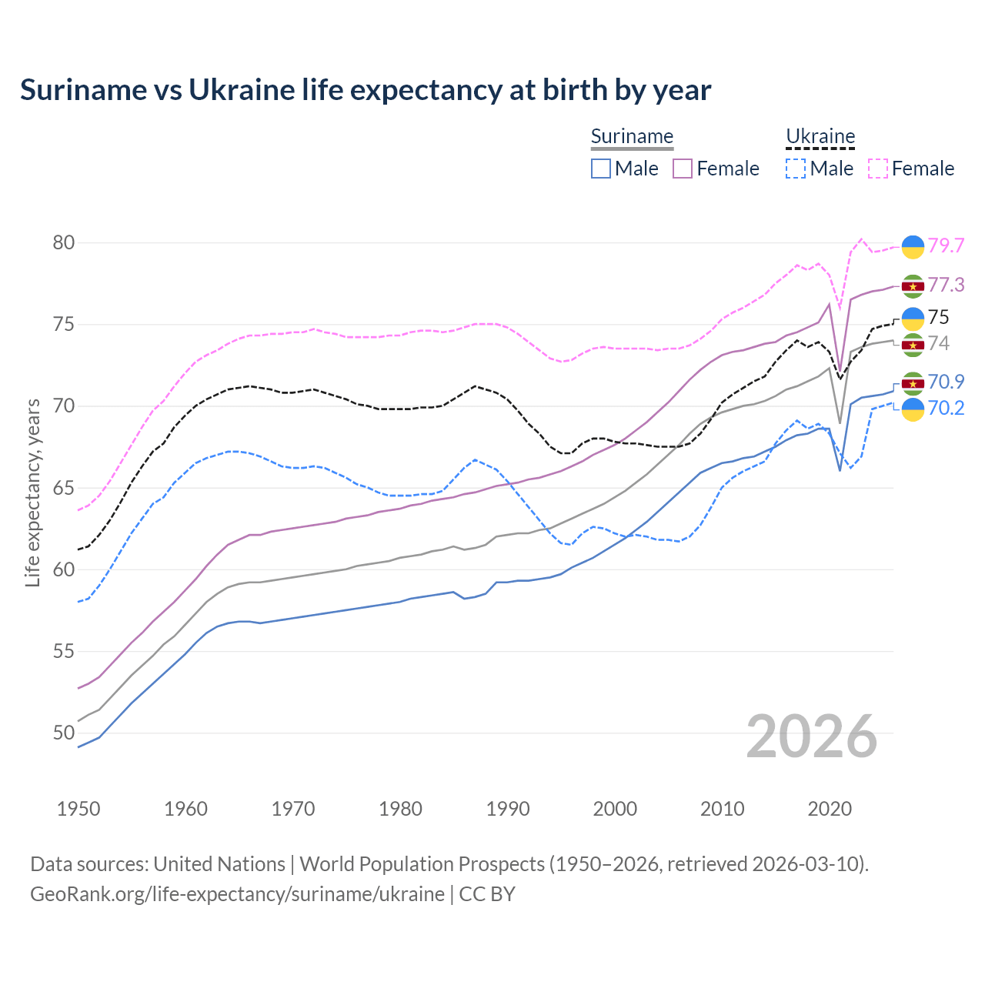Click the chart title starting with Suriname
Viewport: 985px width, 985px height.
(366, 90)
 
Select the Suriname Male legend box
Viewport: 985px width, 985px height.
(601, 169)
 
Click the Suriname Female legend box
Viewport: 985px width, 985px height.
(683, 169)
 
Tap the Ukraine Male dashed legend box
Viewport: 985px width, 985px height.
(796, 169)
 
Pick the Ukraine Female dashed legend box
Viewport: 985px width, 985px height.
(878, 169)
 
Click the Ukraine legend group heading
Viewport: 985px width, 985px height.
(820, 137)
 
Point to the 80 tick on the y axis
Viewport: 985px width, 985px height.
(64, 243)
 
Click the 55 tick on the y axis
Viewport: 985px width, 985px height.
(64, 652)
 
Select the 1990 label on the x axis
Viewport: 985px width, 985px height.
(508, 809)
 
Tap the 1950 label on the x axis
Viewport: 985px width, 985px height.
(78, 809)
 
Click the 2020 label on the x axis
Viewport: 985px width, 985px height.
(830, 809)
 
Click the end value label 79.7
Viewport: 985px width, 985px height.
(946, 245)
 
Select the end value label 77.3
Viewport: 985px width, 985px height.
(946, 285)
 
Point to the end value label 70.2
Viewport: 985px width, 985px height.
(946, 408)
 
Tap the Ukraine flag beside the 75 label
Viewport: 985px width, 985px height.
(913, 318)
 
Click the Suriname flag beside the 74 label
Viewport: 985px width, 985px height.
(913, 344)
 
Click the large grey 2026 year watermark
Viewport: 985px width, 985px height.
(812, 736)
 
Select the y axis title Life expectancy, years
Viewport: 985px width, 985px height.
(33, 492)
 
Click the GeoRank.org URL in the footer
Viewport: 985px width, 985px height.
(237, 894)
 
